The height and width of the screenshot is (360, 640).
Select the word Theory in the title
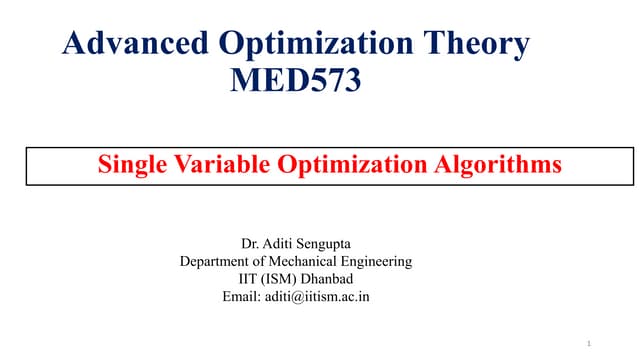[472, 43]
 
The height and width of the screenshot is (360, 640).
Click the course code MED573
[295, 79]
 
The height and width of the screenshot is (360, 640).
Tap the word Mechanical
[304, 262]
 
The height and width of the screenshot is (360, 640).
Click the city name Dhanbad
[327, 279]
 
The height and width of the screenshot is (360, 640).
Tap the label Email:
[238, 297]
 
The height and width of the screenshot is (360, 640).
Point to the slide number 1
[591, 344]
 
